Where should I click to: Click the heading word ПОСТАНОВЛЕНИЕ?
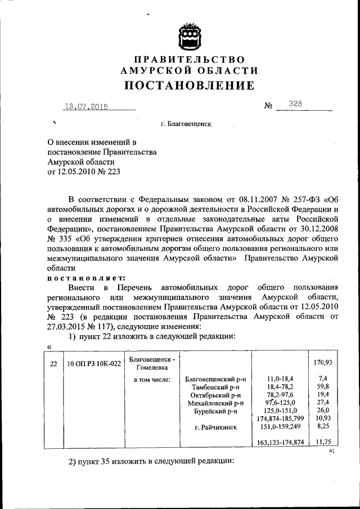coord(189,85)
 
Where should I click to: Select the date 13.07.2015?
coord(86,106)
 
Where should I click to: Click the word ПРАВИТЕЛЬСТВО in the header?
coord(189,60)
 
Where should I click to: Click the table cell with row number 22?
coord(53,364)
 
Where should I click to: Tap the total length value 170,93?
coord(321,363)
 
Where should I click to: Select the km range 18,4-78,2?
coord(280,387)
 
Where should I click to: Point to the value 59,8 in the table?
coord(321,387)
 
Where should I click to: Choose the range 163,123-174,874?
coord(280,443)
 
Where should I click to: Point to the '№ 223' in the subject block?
coord(110,172)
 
